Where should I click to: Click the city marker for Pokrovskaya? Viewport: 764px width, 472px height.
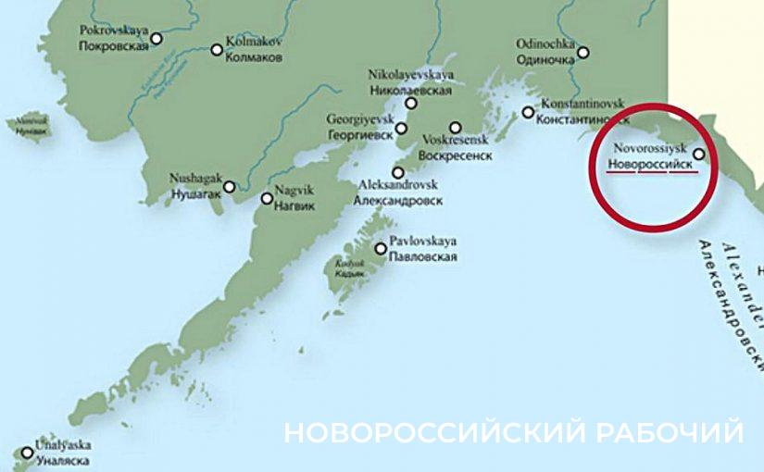coord(157,39)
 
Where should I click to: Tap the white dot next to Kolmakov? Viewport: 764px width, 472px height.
coord(218,49)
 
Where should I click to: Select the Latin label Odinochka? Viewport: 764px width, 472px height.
coord(545,43)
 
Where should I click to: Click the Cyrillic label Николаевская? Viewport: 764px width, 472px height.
coord(410,91)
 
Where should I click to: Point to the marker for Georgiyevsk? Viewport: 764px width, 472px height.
coord(401,128)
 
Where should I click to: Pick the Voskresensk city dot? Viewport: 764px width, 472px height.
coord(455,128)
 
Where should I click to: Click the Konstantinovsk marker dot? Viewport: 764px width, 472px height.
coord(528,113)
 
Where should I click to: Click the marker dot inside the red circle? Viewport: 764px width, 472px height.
coord(699,155)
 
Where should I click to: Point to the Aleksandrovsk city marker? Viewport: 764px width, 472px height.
coord(398,172)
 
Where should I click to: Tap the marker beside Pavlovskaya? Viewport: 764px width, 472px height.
coord(381,248)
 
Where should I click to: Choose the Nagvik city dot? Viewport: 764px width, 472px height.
coord(267,198)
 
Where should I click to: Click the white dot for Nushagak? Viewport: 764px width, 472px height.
coord(230,186)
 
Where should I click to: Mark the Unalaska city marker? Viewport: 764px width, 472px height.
coord(27,453)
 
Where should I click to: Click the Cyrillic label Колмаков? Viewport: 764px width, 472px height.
coord(254,57)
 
